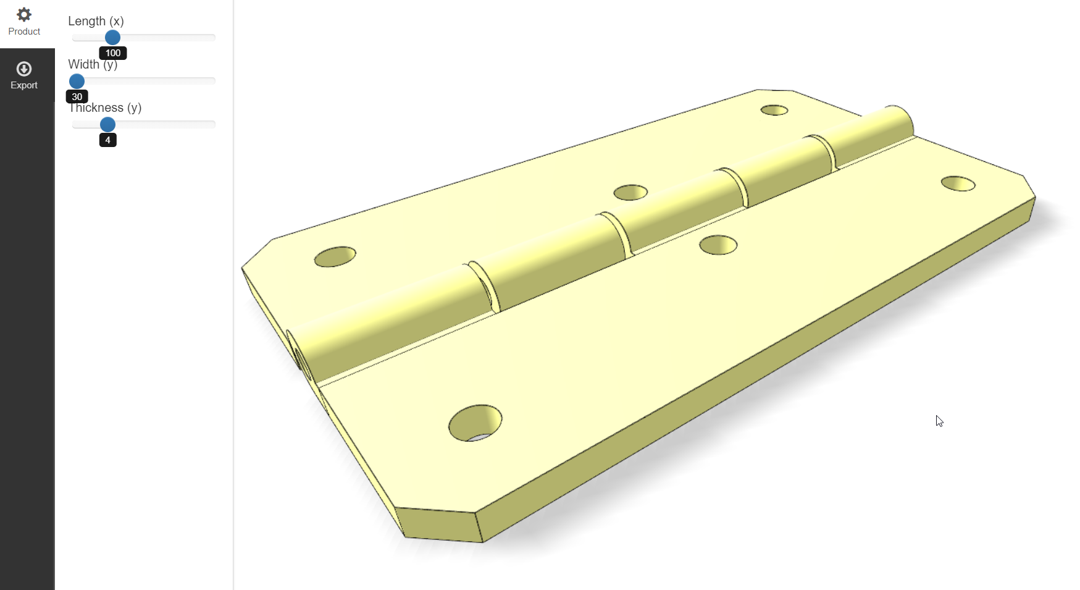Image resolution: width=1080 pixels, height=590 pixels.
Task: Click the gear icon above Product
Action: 24,14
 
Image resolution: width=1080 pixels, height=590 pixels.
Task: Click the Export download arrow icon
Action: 24,69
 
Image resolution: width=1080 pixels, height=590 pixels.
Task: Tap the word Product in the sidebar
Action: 24,32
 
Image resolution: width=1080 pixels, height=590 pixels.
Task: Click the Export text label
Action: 24,85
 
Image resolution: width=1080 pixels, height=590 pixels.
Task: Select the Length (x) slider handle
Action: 112,38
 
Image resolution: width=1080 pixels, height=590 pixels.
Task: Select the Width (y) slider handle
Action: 77,81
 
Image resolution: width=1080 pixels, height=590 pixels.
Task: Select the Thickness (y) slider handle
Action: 107,124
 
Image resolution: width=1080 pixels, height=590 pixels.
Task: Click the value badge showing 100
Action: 113,53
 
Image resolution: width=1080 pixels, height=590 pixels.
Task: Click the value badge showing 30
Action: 77,97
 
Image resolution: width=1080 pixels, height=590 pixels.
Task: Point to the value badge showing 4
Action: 107,140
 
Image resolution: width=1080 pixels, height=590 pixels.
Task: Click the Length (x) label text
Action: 96,21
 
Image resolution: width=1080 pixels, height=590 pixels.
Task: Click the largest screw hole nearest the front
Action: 475,423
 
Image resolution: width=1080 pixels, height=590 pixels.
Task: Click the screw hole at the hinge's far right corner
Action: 958,183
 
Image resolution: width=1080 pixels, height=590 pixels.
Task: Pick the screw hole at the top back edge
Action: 774,110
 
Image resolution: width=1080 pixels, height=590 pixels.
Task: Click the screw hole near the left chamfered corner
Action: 335,256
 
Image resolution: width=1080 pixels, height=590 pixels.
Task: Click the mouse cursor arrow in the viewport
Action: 939,421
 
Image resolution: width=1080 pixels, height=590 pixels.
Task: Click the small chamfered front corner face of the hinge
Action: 438,526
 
